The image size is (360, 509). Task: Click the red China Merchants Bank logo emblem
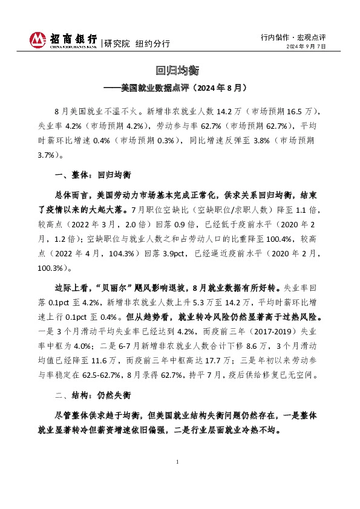coord(38,41)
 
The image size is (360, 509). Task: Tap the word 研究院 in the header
coord(117,44)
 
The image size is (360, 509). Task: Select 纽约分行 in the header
coord(152,44)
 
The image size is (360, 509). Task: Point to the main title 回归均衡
coord(180,71)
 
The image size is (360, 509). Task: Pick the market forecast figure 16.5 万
coord(299,112)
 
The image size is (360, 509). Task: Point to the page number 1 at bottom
coord(178,462)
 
